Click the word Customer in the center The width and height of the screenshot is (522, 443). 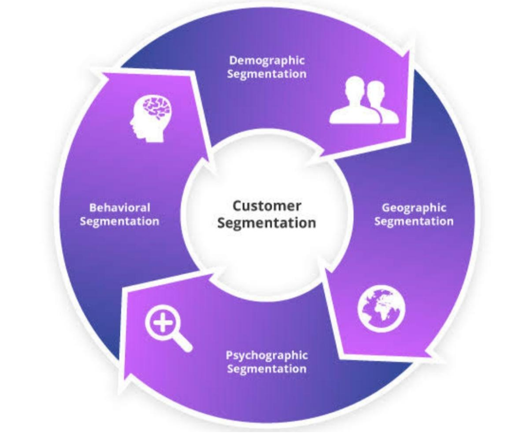click(266, 205)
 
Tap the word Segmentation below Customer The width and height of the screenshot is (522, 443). click(266, 222)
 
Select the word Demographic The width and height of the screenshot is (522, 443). click(266, 60)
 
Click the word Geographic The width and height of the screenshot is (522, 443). click(413, 207)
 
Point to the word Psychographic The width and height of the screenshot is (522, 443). click(266, 355)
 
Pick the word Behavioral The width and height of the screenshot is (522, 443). click(119, 207)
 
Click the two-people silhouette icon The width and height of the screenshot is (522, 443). click(364, 101)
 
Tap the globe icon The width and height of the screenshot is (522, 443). click(381, 309)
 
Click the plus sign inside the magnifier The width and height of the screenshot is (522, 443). click(162, 324)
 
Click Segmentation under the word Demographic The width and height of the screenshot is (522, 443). click(266, 74)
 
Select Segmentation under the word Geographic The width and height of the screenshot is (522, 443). click(413, 221)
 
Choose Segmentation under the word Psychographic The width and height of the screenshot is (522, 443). click(266, 369)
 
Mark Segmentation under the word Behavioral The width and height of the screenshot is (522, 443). click(119, 221)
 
